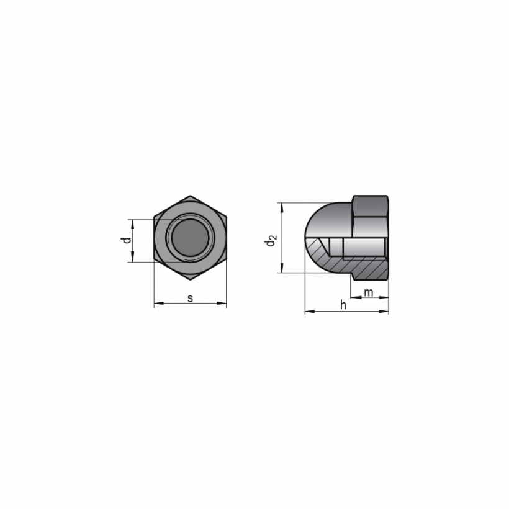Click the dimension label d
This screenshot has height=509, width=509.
coord(127,240)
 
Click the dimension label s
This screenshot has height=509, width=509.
coord(190,298)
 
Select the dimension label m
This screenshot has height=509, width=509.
coord(369,293)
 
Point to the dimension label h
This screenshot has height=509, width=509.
coord(343,305)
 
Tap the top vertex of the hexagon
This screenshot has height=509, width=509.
coord(190,196)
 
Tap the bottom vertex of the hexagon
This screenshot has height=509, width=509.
coord(190,280)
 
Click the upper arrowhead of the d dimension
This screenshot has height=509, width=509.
coord(132,224)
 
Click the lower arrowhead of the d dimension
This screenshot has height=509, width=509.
coord(132,257)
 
